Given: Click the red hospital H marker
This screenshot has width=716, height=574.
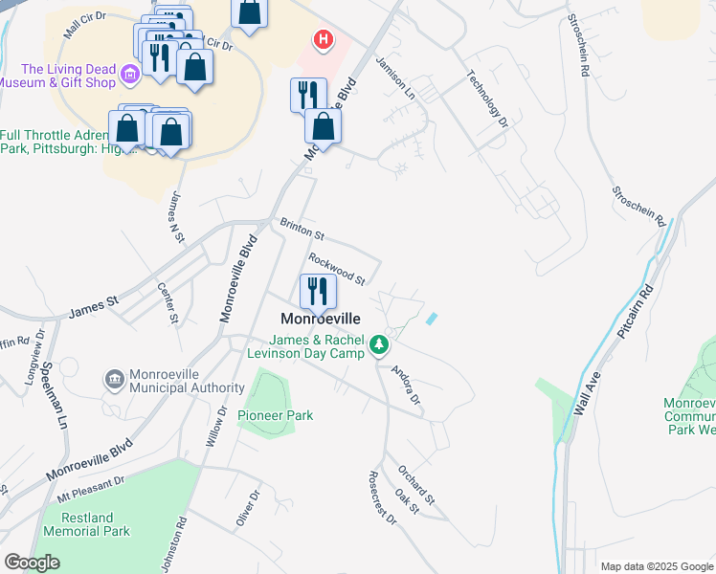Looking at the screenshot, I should click(324, 39).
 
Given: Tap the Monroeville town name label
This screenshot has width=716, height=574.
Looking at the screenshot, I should click(320, 318).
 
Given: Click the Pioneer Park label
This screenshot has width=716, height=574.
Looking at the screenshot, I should click(276, 415).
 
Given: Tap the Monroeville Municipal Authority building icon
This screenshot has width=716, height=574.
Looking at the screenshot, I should click(115, 380).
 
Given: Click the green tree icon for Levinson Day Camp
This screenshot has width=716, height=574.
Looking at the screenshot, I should click(380, 343).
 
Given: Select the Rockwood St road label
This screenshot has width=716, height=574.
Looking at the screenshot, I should click(337, 269).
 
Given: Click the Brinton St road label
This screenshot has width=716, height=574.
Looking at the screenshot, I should click(302, 230).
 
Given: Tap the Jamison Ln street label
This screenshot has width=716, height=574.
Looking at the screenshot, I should click(395, 77).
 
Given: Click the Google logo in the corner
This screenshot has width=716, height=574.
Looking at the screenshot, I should click(32, 563).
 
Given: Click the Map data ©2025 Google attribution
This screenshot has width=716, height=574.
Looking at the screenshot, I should click(657, 565).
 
